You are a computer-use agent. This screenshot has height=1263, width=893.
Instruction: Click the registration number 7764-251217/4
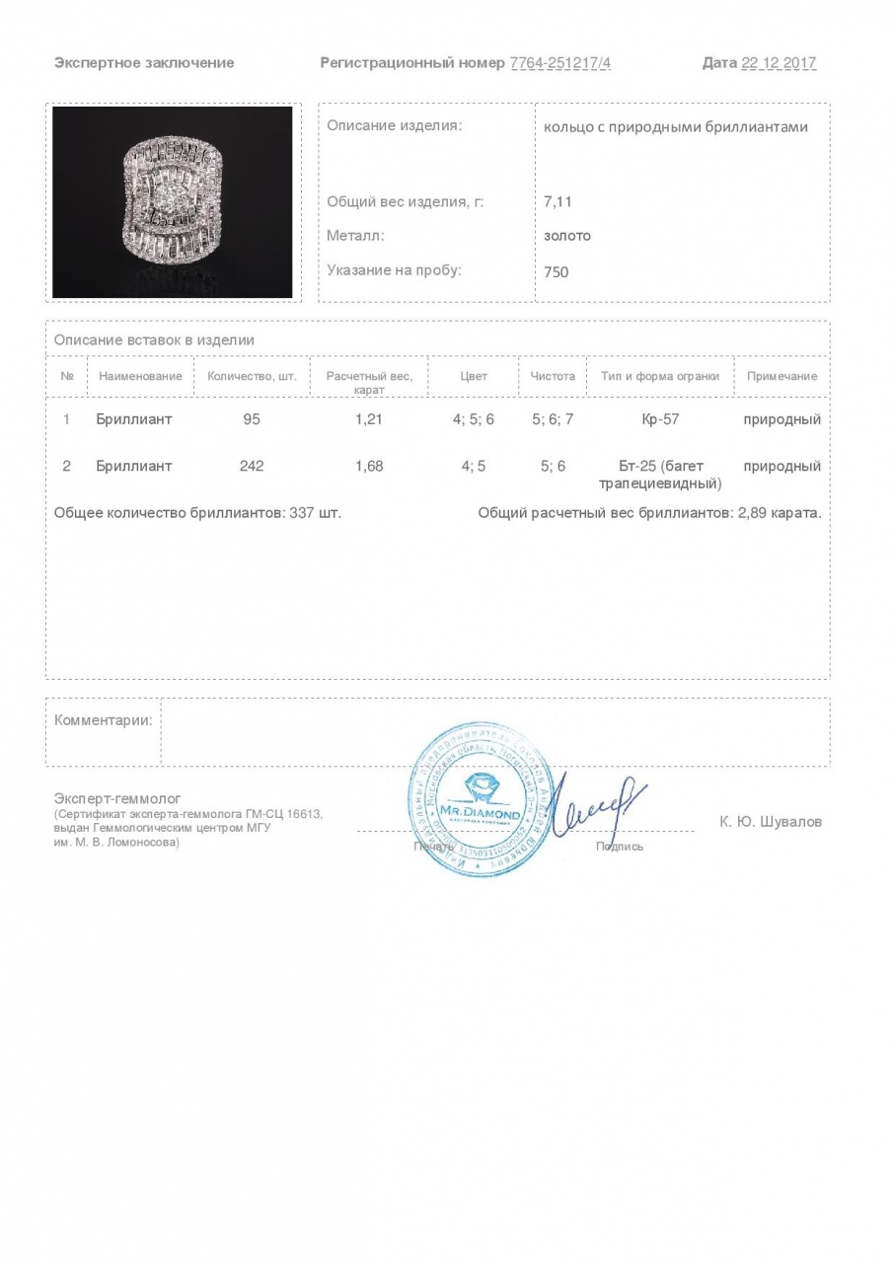(560, 63)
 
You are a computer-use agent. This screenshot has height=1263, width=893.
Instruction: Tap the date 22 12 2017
(779, 63)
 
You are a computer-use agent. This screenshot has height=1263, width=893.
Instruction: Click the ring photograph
(173, 201)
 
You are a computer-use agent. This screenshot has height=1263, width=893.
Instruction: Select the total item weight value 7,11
(558, 201)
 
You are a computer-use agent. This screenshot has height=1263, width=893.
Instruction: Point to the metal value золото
(567, 236)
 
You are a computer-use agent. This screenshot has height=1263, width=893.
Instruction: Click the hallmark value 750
(557, 271)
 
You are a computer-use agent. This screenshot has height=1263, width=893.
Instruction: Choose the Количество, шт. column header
(252, 376)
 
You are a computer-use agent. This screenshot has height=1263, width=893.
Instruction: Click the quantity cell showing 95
(252, 419)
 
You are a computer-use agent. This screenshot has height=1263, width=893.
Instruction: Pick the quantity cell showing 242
(252, 466)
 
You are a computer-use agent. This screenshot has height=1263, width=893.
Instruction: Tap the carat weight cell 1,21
(369, 419)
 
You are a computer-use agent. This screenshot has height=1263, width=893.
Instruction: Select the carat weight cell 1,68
(369, 466)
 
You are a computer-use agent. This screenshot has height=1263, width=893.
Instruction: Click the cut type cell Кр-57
(660, 419)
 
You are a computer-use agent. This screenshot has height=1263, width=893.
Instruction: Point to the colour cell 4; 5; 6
(474, 419)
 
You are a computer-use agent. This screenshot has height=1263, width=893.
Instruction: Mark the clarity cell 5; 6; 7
(553, 419)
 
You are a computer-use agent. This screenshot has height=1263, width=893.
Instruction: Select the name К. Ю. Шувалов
(771, 822)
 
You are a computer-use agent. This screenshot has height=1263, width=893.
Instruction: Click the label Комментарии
(104, 720)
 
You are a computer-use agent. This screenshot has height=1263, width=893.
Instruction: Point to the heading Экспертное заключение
(144, 63)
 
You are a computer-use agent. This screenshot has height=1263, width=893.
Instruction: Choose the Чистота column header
(553, 376)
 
